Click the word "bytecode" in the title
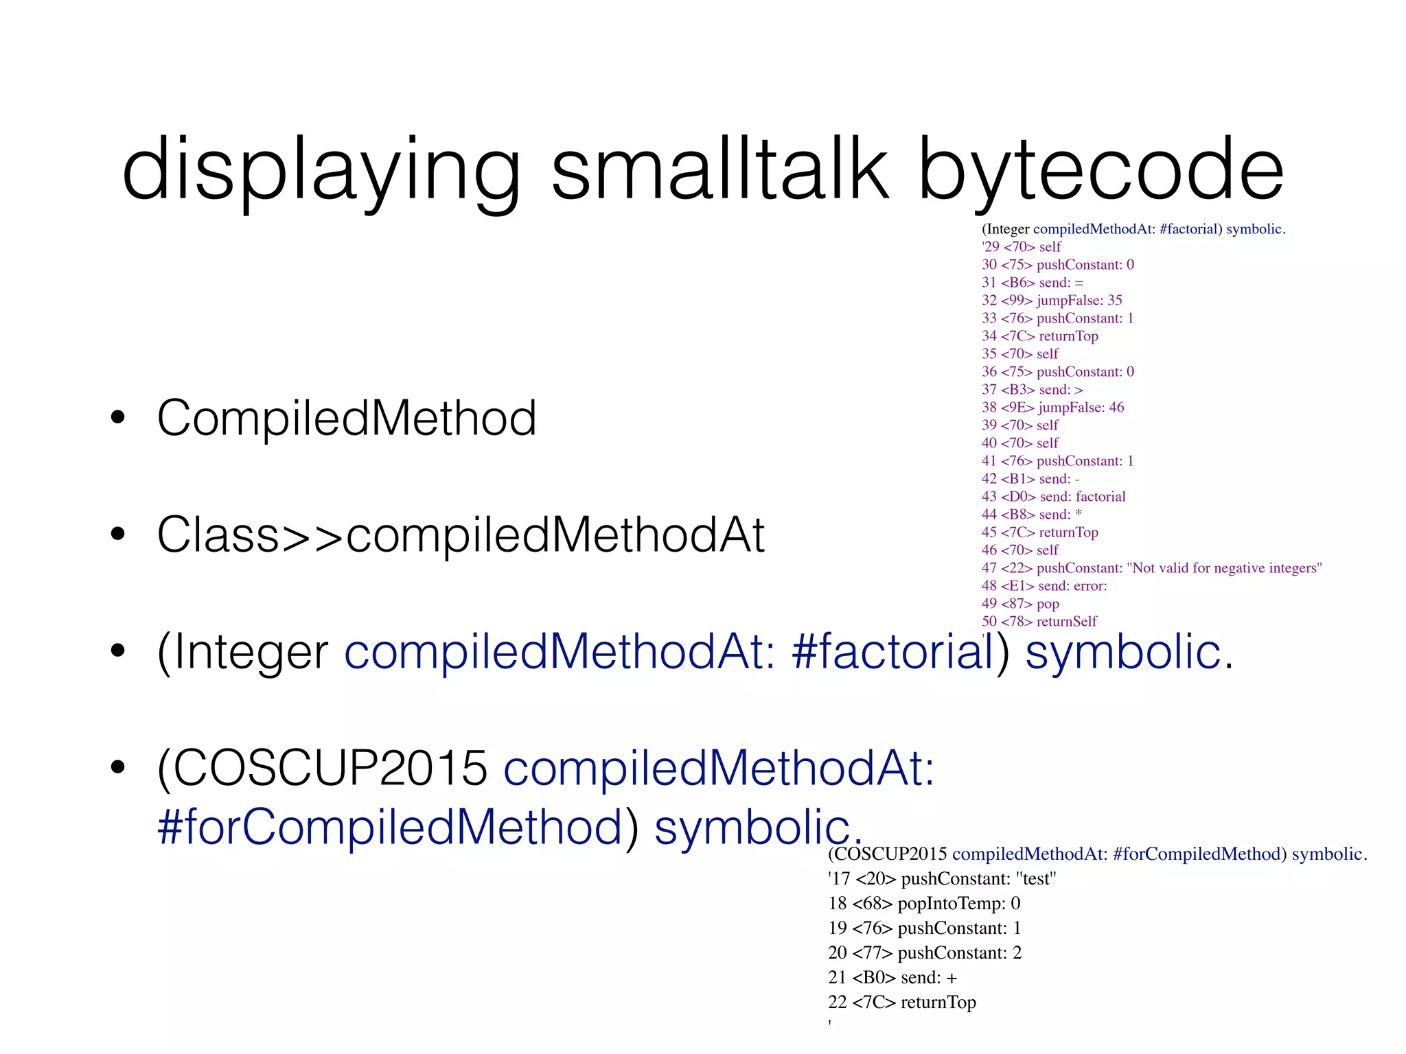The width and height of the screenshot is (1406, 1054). (x=1100, y=169)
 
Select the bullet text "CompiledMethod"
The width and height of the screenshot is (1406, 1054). (x=347, y=418)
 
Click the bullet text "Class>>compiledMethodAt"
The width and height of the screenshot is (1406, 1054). (x=461, y=535)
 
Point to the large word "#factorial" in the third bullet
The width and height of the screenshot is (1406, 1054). (x=892, y=651)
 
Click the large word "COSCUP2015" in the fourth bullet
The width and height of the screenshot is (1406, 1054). (x=323, y=768)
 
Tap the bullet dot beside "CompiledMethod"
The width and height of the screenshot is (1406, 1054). (x=118, y=418)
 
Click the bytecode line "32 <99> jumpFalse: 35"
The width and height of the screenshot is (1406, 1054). (x=1051, y=300)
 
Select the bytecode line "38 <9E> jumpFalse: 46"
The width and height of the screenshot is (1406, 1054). (x=1052, y=407)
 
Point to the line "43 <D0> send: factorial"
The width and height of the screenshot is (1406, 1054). (x=1053, y=496)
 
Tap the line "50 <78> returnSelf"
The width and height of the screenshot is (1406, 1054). (x=1039, y=621)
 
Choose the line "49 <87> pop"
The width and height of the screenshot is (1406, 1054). (x=1020, y=603)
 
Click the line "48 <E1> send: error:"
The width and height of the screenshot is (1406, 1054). (x=1044, y=585)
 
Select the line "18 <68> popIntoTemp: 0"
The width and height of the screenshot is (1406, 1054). (x=924, y=903)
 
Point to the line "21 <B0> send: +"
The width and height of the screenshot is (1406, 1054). (x=892, y=977)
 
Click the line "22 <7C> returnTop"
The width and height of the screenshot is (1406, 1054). (x=901, y=1002)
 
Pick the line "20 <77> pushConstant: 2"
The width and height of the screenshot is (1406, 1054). (x=925, y=952)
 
